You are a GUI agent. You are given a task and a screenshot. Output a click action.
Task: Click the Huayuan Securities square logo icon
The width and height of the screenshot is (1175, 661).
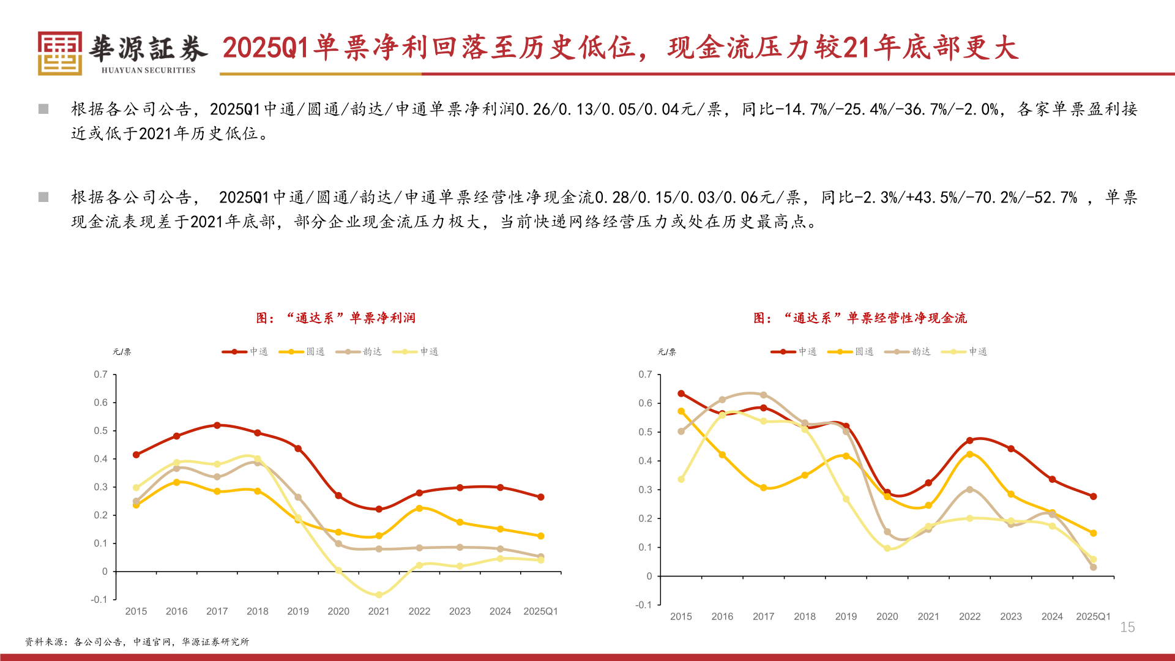point(59,53)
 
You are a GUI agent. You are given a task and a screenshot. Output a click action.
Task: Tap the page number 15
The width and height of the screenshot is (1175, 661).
point(1127,627)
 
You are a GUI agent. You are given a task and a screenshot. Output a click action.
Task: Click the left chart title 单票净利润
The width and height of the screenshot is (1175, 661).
point(336,318)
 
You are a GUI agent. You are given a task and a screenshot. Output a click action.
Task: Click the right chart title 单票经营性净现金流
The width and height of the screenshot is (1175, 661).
point(860,318)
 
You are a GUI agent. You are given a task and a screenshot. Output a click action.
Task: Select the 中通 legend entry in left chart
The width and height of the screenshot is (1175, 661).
point(245,352)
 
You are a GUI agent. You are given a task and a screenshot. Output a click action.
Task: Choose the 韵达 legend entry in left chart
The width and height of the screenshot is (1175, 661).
point(359,352)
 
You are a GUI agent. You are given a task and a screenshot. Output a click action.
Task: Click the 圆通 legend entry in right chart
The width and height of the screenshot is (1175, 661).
point(851,352)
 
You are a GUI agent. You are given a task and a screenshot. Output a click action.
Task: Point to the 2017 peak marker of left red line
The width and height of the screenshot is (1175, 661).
point(217,425)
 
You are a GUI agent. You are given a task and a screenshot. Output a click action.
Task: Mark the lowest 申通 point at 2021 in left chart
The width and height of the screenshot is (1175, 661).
point(379,595)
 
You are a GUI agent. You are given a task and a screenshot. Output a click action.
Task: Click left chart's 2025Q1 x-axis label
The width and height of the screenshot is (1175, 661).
point(540,611)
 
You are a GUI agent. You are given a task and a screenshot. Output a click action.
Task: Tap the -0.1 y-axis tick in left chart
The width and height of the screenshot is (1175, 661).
point(99,600)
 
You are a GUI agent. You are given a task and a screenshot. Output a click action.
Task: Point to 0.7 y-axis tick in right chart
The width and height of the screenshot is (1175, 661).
point(645,375)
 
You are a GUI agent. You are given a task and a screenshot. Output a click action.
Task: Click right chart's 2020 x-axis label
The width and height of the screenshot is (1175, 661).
point(887,617)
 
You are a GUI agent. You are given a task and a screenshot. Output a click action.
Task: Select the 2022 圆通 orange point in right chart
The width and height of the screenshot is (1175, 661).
point(969,455)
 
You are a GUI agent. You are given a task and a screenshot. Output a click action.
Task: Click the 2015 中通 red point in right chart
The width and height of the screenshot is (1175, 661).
point(681,394)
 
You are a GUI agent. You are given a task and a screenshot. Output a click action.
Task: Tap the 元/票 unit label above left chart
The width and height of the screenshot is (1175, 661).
point(122,352)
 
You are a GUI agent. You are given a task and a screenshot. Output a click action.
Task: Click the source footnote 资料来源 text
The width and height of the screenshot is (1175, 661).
point(137,642)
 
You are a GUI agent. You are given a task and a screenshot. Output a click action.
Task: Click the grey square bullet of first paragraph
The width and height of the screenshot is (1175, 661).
point(43,109)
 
